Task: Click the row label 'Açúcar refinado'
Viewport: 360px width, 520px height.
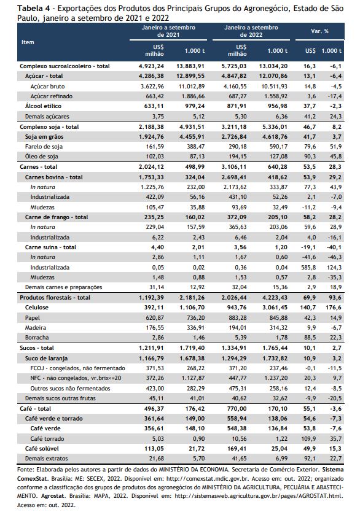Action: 51,96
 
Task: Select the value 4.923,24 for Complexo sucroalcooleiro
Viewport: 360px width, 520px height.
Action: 151,66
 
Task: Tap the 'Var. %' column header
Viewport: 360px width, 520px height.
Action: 319,31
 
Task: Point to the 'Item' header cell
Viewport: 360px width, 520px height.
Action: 28,42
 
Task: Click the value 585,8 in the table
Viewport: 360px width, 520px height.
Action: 308,267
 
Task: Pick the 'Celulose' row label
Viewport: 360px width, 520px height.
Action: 36,308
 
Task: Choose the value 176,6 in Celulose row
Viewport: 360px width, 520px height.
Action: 334,308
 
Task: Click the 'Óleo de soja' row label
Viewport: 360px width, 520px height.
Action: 42,157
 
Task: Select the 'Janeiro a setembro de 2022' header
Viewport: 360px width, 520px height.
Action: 251,31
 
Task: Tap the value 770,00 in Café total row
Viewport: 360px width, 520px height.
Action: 237,409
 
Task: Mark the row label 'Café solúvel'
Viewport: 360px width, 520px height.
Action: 42,449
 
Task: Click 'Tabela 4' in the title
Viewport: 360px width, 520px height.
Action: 31,9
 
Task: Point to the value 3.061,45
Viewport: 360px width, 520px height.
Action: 275,308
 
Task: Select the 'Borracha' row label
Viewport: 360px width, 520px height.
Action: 37,338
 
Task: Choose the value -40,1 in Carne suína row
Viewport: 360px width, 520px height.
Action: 334,247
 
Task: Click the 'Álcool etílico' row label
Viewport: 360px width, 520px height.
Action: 43,106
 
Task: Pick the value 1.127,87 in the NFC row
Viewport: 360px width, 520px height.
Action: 192,378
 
